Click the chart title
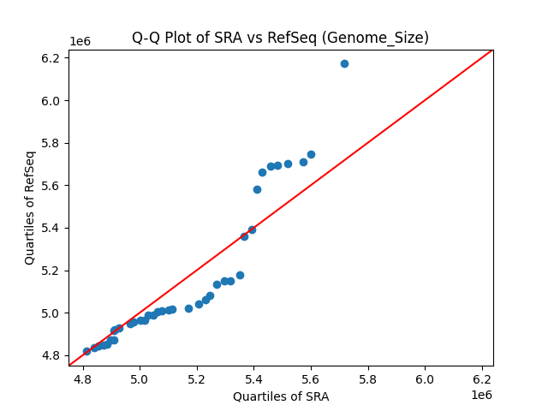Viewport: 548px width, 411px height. (x=280, y=38)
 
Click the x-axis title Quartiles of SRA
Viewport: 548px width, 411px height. (x=280, y=396)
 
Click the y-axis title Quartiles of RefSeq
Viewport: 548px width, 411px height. (x=30, y=207)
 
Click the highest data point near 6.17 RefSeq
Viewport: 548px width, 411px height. (x=344, y=63)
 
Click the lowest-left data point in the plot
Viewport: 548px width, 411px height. (x=86, y=351)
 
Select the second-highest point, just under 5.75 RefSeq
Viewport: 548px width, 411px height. (x=311, y=154)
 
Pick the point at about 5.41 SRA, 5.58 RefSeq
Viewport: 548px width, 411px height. (x=257, y=189)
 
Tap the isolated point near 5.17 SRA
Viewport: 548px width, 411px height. (x=188, y=308)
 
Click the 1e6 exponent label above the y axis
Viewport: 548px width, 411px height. (x=80, y=42)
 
